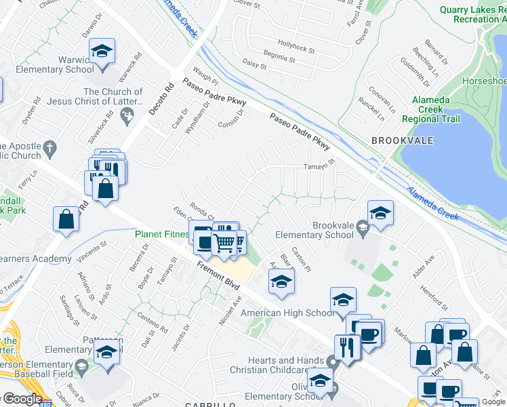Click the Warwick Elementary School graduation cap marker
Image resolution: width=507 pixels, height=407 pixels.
click(102, 52)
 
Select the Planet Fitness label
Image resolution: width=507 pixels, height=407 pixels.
click(161, 235)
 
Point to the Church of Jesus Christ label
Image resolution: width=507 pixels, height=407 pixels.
click(113, 96)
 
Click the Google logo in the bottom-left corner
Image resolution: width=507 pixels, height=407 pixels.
click(22, 399)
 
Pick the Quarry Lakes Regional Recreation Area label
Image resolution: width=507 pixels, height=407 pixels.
click(472, 14)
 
